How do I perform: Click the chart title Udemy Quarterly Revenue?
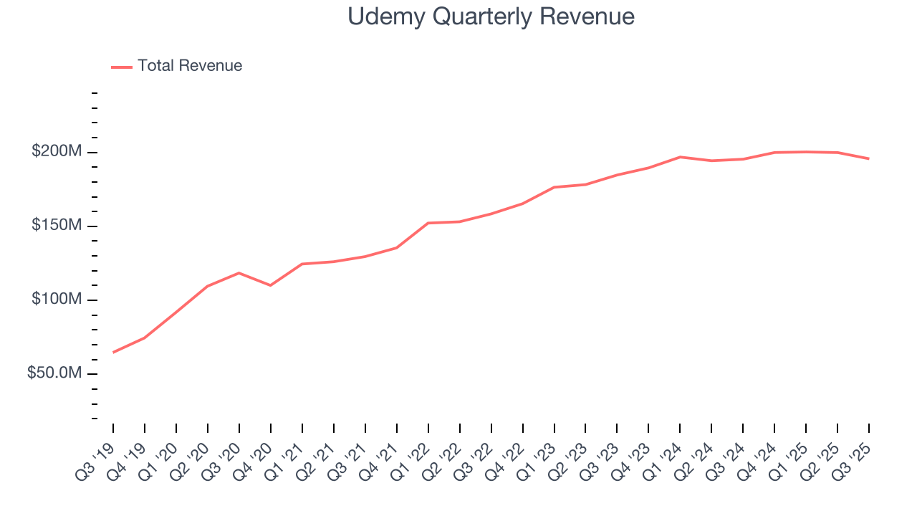point(491,16)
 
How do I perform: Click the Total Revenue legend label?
point(190,66)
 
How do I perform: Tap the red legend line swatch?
point(122,67)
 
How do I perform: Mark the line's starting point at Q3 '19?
point(113,353)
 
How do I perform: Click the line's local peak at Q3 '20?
point(239,273)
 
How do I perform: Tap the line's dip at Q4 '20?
point(270,285)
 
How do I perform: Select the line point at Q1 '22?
point(428,223)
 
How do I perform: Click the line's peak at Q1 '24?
point(680,157)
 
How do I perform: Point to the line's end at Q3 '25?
point(869,158)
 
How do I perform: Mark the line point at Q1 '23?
point(554,187)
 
